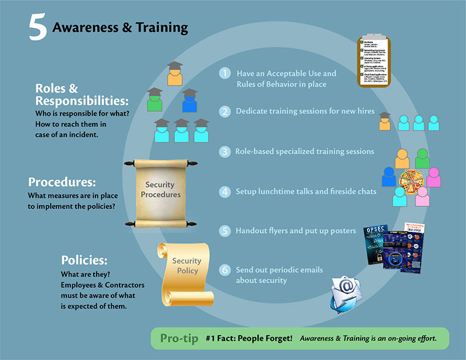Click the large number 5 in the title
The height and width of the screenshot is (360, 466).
tap(38, 29)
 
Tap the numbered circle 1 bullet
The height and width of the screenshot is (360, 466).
tap(224, 73)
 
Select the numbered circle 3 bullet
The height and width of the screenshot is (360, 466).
tap(224, 151)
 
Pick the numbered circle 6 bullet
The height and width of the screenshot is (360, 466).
tap(224, 270)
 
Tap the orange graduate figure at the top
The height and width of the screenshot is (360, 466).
tap(174, 73)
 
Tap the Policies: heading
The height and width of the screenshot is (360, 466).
tap(84, 259)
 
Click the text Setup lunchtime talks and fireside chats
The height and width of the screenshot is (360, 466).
tap(305, 191)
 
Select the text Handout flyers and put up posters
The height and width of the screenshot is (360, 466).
tap(295, 231)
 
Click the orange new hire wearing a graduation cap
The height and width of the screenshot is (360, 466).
tap(384, 121)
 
